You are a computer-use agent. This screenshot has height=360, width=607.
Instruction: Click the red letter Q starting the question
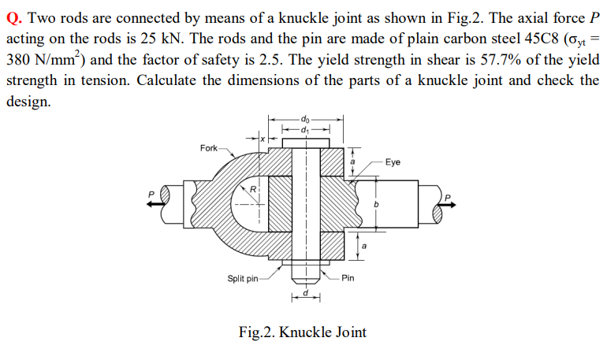click(12, 18)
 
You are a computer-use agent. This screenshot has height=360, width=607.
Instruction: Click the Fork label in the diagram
click(209, 147)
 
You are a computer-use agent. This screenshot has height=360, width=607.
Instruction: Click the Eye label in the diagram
click(393, 161)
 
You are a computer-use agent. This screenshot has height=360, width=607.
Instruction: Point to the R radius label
click(253, 190)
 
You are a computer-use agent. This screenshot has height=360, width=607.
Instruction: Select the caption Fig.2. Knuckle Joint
click(303, 332)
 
